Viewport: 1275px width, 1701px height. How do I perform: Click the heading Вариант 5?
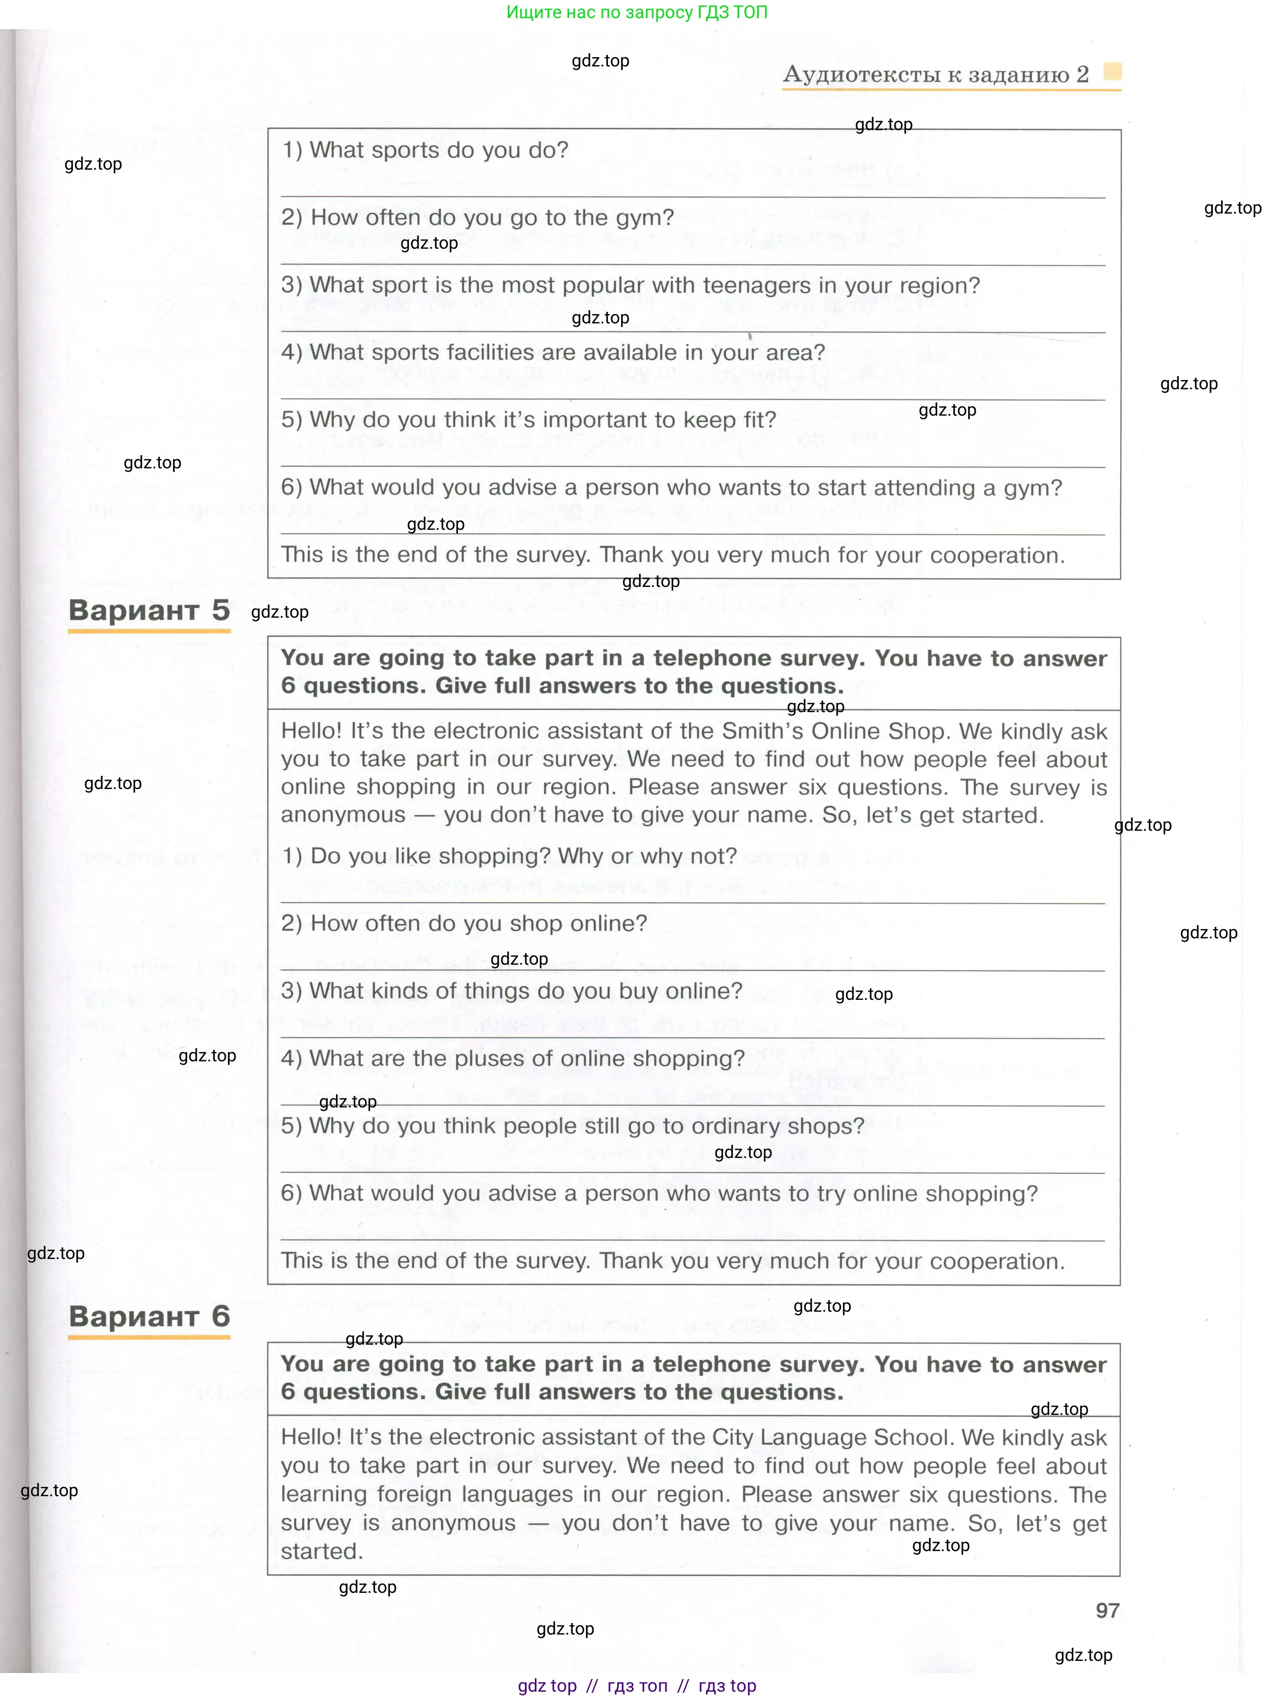149,610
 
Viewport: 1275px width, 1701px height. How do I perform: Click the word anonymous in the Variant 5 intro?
343,815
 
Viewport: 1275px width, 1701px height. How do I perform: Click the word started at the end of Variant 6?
321,1551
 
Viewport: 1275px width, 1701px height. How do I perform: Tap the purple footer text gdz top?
547,1686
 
